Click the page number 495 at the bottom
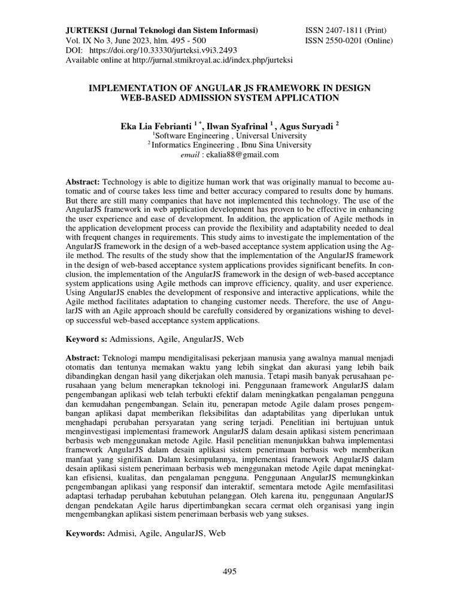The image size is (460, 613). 230,571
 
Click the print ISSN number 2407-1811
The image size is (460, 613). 343,30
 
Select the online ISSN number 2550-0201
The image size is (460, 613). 343,41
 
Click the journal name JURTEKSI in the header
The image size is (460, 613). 87,30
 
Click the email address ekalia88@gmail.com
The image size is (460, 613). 242,154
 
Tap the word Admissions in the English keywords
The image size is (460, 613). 131,339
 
